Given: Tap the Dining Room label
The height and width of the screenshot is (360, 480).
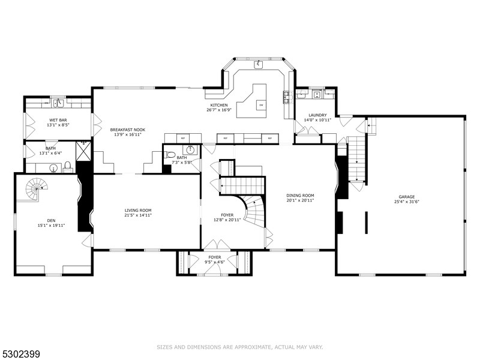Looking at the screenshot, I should click(x=300, y=196).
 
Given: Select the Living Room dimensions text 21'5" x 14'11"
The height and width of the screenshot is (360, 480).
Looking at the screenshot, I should click(x=138, y=215).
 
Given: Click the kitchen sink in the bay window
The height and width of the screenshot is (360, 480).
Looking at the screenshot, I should click(x=260, y=62).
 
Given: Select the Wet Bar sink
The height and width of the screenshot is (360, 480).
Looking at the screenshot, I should click(x=58, y=103).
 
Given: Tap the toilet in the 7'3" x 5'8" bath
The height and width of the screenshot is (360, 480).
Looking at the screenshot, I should click(x=170, y=154).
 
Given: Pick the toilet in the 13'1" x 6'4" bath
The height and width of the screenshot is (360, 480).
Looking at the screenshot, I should click(x=68, y=166).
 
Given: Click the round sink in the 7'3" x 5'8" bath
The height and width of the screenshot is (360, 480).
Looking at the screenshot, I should click(x=191, y=149).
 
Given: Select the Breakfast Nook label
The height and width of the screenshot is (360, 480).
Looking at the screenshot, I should click(x=128, y=130).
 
